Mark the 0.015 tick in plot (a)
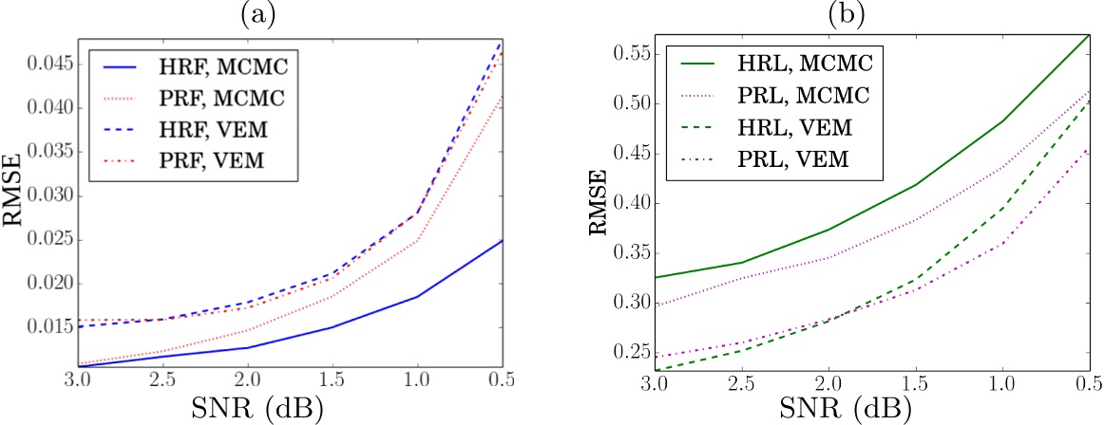(x=47, y=328)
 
